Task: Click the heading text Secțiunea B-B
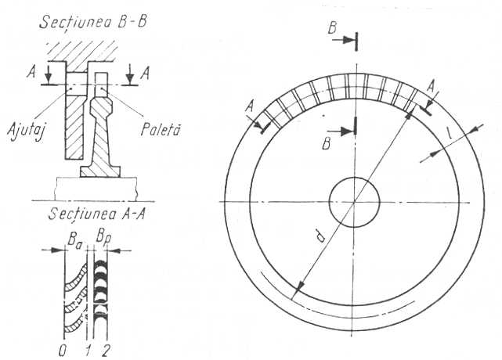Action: click(x=93, y=23)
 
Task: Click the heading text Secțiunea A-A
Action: click(x=97, y=213)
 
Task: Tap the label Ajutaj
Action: click(x=26, y=130)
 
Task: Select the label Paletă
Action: click(x=161, y=130)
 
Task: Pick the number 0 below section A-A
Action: click(x=63, y=351)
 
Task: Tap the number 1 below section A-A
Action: click(x=88, y=351)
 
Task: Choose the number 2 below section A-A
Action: click(x=105, y=351)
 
